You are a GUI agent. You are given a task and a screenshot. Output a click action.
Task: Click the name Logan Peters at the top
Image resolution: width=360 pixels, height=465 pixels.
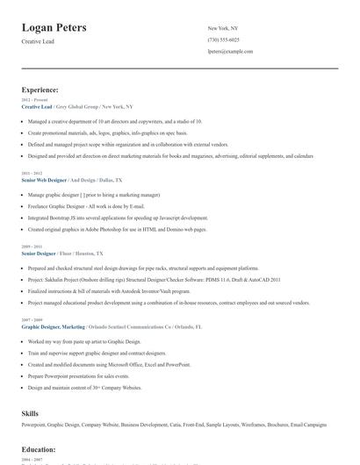click(54, 28)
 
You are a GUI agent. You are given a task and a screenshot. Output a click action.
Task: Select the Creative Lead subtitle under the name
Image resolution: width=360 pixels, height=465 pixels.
click(39, 41)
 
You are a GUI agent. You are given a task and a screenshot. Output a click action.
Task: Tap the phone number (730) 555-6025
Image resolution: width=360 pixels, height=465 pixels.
click(223, 39)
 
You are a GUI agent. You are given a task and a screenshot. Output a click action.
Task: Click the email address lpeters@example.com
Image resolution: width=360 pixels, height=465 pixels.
click(230, 51)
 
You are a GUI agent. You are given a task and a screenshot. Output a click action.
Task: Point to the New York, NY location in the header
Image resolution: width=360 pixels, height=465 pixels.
click(224, 28)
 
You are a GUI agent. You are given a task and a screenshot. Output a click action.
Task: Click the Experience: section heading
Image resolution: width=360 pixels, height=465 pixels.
click(40, 89)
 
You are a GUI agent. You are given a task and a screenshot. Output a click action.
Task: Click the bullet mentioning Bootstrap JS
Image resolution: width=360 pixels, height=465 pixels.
click(118, 217)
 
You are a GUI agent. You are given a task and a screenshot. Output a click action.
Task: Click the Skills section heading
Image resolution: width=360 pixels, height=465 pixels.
click(30, 412)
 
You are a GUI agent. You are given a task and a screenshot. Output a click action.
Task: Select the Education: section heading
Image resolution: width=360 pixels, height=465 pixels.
click(39, 449)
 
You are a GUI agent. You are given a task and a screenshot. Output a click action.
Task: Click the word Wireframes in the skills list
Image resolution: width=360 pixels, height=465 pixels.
click(254, 425)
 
